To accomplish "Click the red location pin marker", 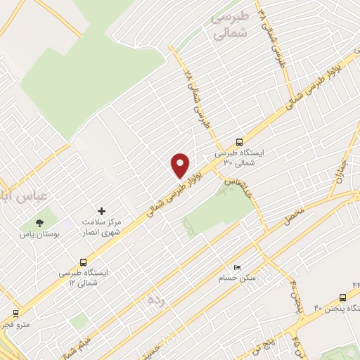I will pyautogui.click(x=181, y=165).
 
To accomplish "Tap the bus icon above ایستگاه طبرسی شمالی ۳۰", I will pyautogui.click(x=239, y=141).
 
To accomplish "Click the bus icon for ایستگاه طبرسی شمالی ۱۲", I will pyautogui.click(x=84, y=260).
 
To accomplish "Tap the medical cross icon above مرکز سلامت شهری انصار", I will pyautogui.click(x=102, y=211).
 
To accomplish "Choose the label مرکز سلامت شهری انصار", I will pyautogui.click(x=102, y=226).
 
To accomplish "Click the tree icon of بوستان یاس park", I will pyautogui.click(x=39, y=223).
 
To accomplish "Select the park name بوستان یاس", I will pyautogui.click(x=39, y=234).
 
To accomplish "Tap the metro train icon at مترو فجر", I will pyautogui.click(x=15, y=313).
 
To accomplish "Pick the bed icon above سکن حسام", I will pyautogui.click(x=237, y=268).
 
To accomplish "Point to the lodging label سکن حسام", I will pyautogui.click(x=237, y=278).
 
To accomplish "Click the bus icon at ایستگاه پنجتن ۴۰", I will pyautogui.click(x=342, y=297).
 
